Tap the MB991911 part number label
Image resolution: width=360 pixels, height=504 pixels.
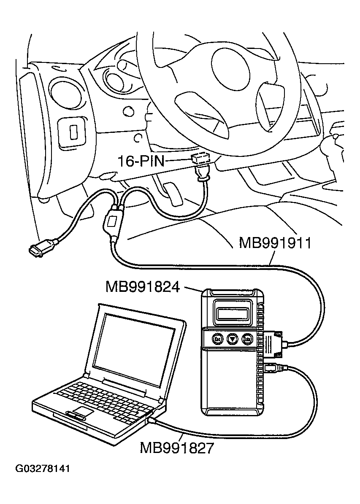click(275, 243)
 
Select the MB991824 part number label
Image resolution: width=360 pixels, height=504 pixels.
click(143, 287)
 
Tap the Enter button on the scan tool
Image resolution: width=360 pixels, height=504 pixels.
click(247, 339)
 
